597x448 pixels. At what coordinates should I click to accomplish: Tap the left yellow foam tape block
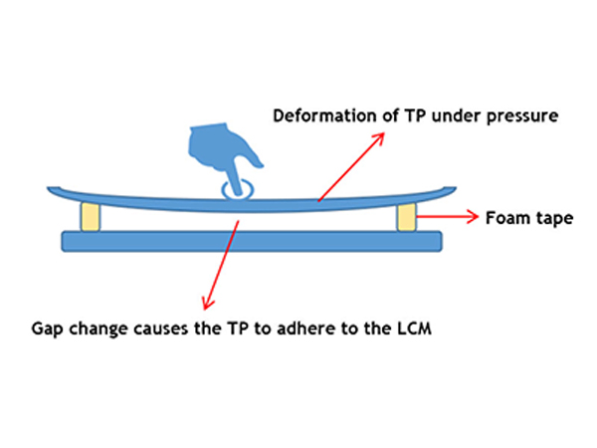click(x=91, y=217)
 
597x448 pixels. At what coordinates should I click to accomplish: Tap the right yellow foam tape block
click(x=405, y=217)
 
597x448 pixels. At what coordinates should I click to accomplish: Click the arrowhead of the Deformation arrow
click(x=381, y=133)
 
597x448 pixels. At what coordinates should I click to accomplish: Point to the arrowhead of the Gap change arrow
click(x=204, y=303)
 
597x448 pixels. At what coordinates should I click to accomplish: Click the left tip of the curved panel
click(x=50, y=188)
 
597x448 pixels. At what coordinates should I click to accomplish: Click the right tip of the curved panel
click(x=453, y=188)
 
